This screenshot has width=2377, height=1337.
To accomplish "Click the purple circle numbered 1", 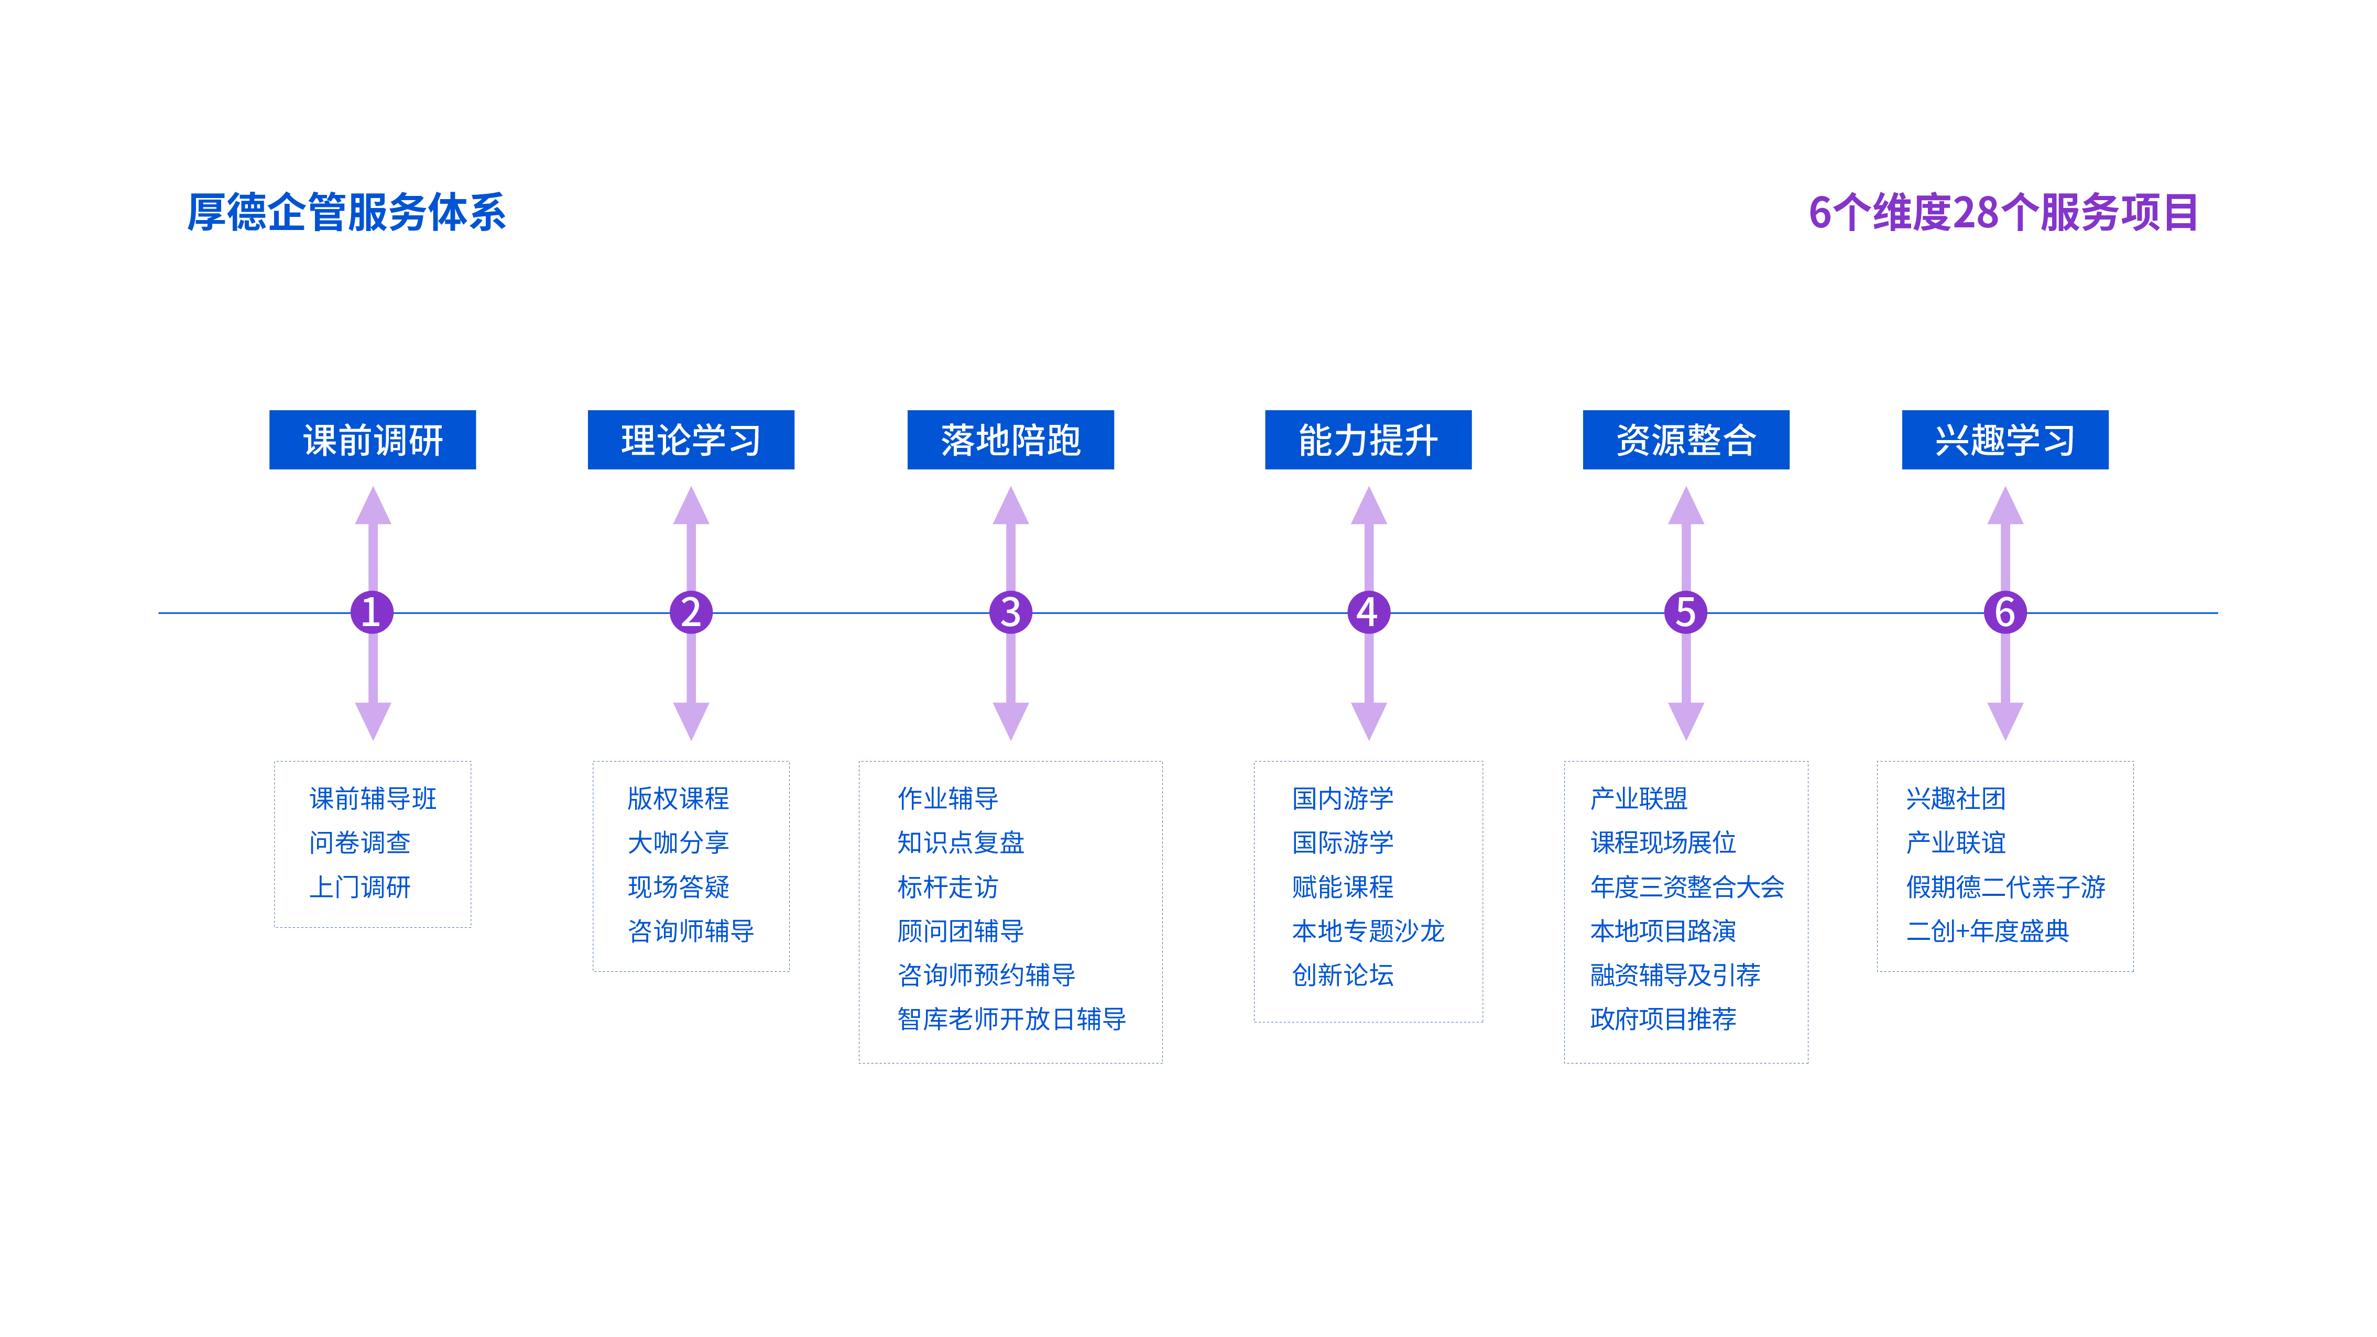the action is coord(372,612).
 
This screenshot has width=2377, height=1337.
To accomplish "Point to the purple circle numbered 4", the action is coord(1368,612).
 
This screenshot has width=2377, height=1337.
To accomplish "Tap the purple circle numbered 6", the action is coord(2005,612).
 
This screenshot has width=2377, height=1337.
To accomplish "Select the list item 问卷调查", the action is coord(360,842).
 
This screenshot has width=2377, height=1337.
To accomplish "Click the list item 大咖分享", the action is coord(678,842).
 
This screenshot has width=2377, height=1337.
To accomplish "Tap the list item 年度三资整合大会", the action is coord(1687,887).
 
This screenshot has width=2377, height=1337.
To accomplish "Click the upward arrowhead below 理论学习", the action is coord(691,506).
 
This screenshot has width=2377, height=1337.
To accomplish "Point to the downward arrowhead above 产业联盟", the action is coord(1686,721).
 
